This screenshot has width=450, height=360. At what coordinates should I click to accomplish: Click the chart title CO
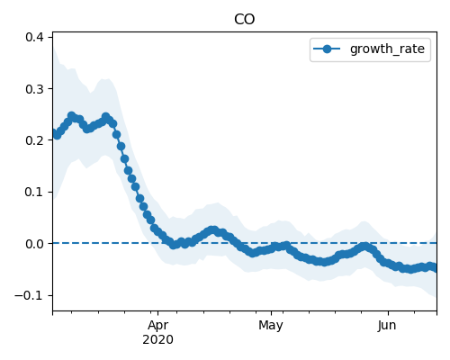[x=245, y=20]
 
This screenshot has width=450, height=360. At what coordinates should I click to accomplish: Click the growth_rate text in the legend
[x=387, y=49]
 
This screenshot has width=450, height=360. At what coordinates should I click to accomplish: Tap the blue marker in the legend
[x=327, y=49]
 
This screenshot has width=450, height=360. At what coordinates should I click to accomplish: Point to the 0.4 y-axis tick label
[x=34, y=37]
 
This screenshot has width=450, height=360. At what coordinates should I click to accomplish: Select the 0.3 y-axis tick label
[x=34, y=89]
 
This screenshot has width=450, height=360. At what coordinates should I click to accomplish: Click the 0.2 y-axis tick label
[x=34, y=140]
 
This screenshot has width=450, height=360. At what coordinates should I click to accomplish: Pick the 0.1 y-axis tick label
[x=34, y=192]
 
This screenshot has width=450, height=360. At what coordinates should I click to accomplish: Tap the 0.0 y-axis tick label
[x=34, y=244]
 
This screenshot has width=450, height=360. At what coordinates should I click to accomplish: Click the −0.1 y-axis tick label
[x=30, y=295]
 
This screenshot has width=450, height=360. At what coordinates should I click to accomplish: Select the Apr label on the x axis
[x=158, y=326]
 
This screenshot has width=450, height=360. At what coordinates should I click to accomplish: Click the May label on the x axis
[x=271, y=326]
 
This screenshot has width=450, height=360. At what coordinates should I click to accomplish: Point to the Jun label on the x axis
[x=387, y=326]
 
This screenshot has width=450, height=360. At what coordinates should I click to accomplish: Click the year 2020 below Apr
[x=157, y=340]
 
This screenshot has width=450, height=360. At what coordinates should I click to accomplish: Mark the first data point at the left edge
[x=54, y=133]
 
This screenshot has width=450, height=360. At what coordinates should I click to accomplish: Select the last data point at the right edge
[x=436, y=268]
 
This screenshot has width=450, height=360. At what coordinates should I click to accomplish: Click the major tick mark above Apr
[x=158, y=313]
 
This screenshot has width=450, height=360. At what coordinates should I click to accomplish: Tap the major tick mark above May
[x=271, y=313]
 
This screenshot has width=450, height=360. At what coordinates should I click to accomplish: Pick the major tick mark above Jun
[x=388, y=313]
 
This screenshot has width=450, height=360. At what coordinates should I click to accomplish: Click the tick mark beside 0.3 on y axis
[x=50, y=89]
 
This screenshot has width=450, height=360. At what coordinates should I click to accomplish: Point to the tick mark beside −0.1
[x=50, y=295]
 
